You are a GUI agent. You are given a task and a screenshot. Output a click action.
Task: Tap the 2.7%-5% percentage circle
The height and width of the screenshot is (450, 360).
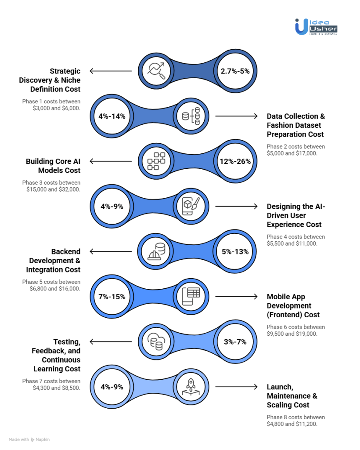coord(235,71)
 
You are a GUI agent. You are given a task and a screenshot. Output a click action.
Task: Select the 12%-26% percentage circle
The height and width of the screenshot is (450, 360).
coord(235,161)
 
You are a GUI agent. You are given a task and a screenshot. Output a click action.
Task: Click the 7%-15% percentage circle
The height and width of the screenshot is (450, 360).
coord(112,297)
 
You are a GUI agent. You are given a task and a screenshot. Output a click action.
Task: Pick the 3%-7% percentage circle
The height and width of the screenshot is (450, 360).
coord(235,341)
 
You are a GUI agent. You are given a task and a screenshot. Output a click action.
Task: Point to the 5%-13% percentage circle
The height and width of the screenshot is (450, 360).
coord(235,251)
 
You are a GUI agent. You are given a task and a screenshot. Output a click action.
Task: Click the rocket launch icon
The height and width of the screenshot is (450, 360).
coord(191,387)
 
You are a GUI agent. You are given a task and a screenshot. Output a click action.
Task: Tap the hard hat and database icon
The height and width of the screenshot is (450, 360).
coord(156,252)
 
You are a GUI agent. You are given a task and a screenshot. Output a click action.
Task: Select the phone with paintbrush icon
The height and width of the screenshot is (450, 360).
coord(191,206)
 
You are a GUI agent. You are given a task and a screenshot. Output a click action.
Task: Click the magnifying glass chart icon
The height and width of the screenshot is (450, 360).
coord(156,71)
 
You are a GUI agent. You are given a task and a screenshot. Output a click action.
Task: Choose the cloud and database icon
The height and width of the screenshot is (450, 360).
coord(156,341)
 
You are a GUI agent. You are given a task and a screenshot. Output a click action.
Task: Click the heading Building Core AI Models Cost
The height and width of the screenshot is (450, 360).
coord(53,166)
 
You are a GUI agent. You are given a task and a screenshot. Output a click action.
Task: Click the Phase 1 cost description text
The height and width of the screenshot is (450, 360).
coord(51,105)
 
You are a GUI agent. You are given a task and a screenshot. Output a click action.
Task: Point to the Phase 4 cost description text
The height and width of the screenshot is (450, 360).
coord(296,240)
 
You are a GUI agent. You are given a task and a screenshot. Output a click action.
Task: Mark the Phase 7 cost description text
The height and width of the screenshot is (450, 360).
coord(51,384)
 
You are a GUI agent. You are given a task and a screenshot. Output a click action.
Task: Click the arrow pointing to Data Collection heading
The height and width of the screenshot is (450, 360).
coord(236,116)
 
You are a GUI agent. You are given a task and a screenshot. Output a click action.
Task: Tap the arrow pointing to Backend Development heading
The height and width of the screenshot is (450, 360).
coord(111,251)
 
